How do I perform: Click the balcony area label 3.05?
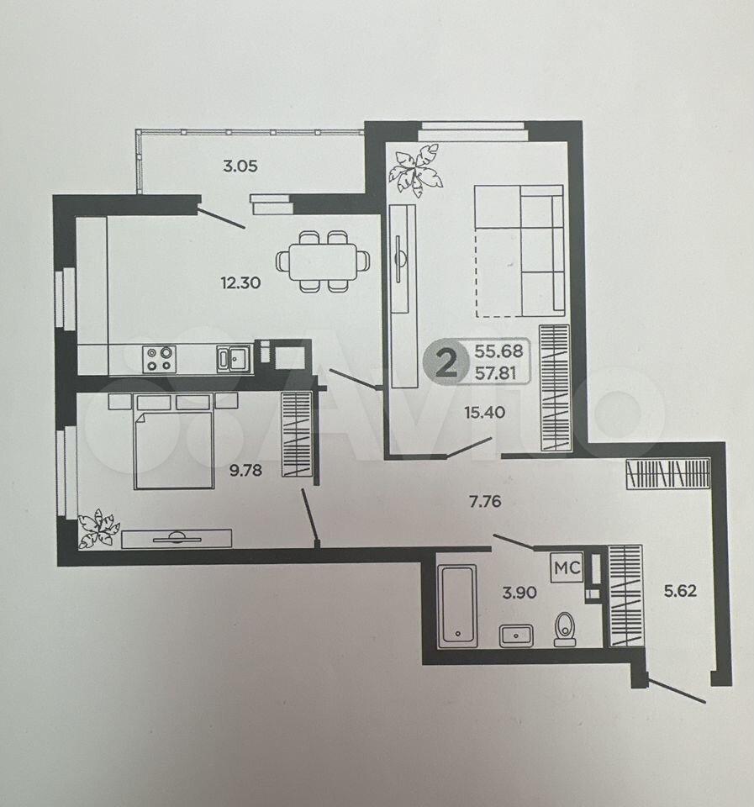click(x=240, y=166)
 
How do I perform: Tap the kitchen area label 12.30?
click(x=240, y=282)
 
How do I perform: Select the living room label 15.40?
click(x=484, y=412)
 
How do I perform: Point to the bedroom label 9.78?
click(x=245, y=471)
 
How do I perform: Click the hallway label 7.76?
click(x=485, y=501)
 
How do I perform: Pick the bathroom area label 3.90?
click(x=519, y=593)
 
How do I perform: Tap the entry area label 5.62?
click(x=680, y=591)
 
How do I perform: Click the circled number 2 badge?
click(x=446, y=363)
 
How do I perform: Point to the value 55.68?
click(x=498, y=351)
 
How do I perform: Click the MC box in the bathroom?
click(x=567, y=568)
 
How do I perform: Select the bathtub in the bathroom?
click(x=457, y=606)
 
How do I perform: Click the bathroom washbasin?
click(x=516, y=636)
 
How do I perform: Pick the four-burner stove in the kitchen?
click(x=160, y=359)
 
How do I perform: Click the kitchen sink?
click(x=235, y=358)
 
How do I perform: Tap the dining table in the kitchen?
click(x=323, y=261)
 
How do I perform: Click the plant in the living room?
click(x=416, y=170)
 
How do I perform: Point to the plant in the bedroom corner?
click(x=98, y=528)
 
